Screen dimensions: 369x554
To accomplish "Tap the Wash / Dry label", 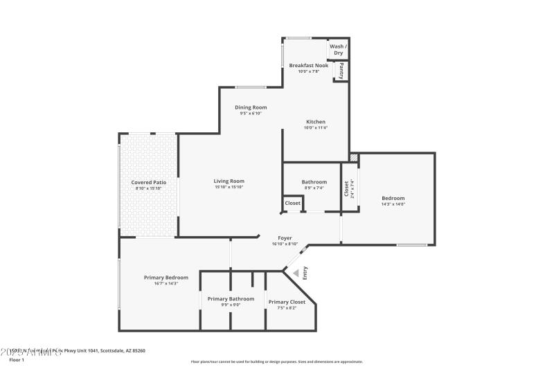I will [338, 50].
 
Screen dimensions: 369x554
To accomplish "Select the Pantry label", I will [341, 71].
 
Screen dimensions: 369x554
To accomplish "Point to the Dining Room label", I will [251, 107].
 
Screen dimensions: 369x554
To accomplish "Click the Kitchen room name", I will [315, 122].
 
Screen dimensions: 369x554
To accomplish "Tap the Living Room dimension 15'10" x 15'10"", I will [229, 187].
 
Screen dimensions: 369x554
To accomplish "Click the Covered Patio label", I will [147, 182].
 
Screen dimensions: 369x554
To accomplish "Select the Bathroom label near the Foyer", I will [314, 182].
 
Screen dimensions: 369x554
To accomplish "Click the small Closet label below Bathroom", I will [292, 204].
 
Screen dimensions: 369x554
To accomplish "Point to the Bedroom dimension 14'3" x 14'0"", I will [393, 204].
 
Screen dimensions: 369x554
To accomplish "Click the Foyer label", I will [285, 238].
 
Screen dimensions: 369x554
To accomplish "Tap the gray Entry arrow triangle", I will [296, 273].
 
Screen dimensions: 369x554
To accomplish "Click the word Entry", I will [305, 273].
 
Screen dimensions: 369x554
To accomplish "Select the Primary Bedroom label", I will [166, 278].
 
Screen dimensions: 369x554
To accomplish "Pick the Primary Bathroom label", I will [231, 299].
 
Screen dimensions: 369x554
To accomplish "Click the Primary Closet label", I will [287, 302].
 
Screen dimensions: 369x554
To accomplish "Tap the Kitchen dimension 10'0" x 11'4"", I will [315, 128].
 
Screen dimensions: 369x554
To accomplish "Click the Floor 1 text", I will [16, 360].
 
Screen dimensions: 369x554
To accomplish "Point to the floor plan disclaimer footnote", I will [276, 361].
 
